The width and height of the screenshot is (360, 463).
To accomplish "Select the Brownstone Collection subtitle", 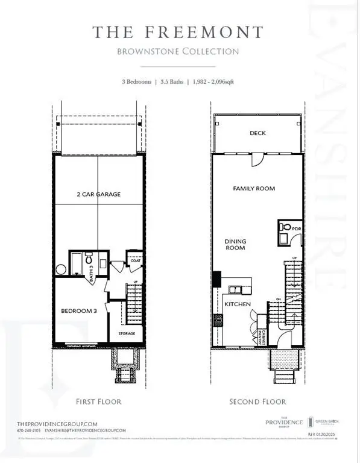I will [x=179, y=52].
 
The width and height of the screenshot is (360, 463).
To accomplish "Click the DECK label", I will [x=257, y=133].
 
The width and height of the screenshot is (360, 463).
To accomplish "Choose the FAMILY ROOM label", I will [x=254, y=189].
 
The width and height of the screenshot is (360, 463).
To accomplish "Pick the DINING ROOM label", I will [x=235, y=244].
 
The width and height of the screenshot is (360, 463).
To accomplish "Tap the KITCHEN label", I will [x=238, y=304].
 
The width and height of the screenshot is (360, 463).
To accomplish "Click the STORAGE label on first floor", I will [x=127, y=333].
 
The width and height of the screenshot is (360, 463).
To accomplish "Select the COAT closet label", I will [x=136, y=261].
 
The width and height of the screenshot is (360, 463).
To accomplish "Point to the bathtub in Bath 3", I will [x=77, y=263].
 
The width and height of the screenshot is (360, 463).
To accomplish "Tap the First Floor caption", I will [x=99, y=402].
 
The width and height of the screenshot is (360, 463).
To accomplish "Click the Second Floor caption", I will [x=257, y=402].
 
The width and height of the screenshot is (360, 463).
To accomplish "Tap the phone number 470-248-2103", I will [x=22, y=430].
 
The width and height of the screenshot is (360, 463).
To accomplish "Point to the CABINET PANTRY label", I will [x=260, y=338].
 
